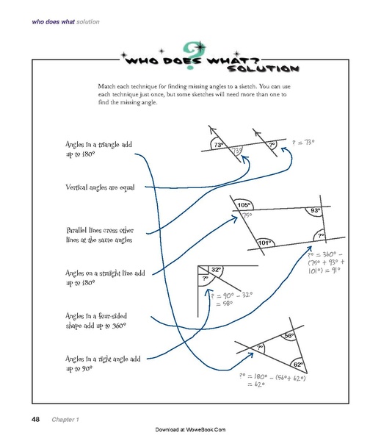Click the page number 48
(x=35, y=419)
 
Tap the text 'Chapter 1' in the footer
(x=66, y=420)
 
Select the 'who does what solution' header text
(x=65, y=22)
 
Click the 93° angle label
(x=315, y=210)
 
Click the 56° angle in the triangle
(x=289, y=335)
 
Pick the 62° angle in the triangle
(x=297, y=364)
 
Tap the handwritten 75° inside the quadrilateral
(x=247, y=215)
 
